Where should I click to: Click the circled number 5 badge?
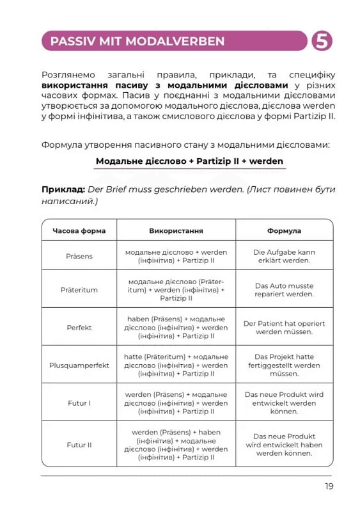click(322, 41)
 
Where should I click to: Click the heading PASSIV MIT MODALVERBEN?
click(137, 42)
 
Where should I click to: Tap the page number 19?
click(329, 486)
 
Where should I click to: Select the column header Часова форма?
click(79, 230)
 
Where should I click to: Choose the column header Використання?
click(176, 230)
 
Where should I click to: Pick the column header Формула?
click(284, 230)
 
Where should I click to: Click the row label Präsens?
click(79, 256)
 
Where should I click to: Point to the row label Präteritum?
click(79, 289)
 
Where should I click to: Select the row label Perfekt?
click(79, 327)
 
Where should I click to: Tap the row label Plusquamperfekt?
click(79, 365)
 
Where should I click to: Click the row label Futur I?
click(79, 403)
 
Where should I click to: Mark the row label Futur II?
click(79, 445)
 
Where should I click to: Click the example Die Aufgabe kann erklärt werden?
click(284, 256)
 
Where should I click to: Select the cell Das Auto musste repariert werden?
click(284, 289)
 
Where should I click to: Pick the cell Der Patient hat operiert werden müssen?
click(284, 328)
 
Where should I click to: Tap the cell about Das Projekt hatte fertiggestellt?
click(284, 365)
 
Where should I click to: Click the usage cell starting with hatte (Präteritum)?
click(176, 365)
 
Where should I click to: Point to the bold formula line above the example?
click(189, 161)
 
